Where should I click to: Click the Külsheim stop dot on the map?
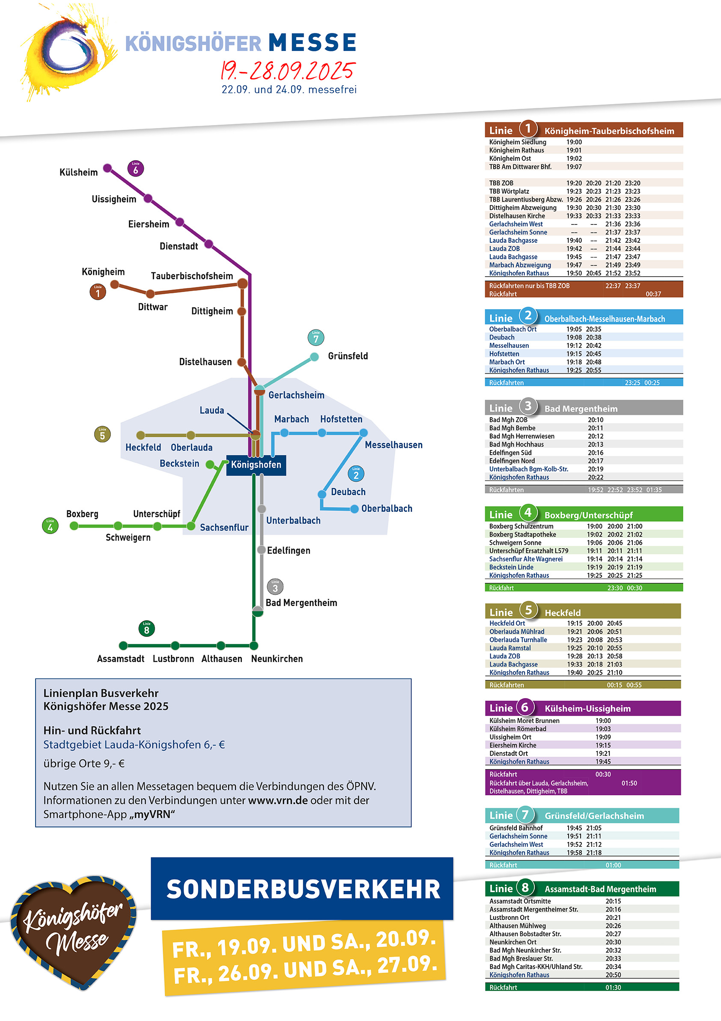click(107, 168)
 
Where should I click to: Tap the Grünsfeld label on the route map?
click(348, 356)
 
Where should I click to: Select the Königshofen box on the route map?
click(256, 465)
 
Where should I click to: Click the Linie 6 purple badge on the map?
click(136, 169)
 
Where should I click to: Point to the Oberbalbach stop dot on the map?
click(354, 509)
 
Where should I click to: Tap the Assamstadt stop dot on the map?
click(124, 645)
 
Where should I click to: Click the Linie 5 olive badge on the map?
click(102, 434)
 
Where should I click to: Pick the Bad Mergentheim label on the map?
click(301, 603)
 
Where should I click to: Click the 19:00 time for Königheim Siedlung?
click(574, 142)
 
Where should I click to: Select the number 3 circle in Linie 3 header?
click(527, 406)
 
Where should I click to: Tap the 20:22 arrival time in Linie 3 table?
click(596, 477)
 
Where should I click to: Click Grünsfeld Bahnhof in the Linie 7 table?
click(515, 828)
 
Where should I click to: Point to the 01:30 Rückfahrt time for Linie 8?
click(613, 987)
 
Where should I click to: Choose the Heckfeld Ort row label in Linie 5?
click(507, 624)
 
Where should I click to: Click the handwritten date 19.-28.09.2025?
click(288, 70)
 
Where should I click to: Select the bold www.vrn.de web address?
click(278, 800)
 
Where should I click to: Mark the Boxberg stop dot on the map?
click(74, 526)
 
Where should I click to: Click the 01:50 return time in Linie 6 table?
click(629, 783)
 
